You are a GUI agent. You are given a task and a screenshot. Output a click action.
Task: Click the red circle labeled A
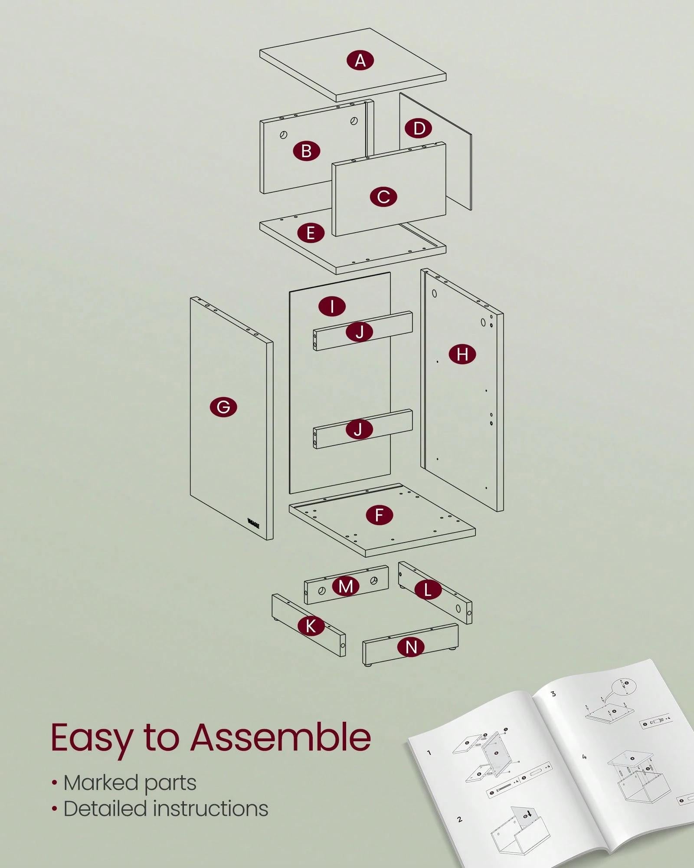coord(360,60)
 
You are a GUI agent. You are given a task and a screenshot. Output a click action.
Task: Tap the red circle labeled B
coord(306,151)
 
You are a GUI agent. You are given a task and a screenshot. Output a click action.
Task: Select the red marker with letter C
coord(383,197)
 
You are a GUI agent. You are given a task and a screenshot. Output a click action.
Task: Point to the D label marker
coord(419,128)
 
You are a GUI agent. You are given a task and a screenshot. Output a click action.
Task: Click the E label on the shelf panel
coord(311,233)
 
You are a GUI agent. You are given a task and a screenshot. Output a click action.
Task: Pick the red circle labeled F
coord(379,515)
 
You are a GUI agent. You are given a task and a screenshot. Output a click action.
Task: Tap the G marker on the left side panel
coord(223,407)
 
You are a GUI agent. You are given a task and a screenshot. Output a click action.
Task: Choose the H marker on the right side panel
coord(462,354)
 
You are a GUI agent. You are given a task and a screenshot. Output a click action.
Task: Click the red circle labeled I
coord(332,306)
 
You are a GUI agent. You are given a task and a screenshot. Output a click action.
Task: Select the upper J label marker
coord(360,332)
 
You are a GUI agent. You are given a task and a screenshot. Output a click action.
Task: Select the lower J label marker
coord(358,429)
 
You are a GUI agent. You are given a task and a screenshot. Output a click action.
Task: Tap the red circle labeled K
coord(311,626)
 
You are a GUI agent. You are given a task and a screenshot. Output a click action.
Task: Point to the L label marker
coord(428,590)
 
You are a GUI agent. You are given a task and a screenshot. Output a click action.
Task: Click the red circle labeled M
coord(346,586)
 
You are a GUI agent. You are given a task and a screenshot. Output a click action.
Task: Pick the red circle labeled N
coord(411,647)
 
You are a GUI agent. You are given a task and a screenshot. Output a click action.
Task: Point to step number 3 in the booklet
coord(553,694)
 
